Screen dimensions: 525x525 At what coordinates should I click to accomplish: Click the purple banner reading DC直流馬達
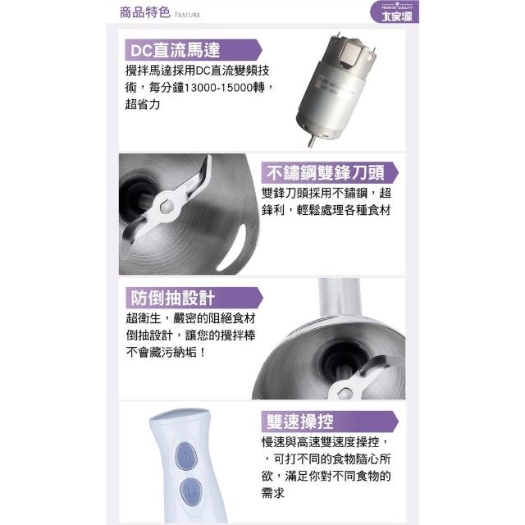click(194, 50)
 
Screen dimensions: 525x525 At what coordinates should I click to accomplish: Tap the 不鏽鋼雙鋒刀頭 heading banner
click(330, 172)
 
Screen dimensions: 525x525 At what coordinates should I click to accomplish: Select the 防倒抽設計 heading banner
click(194, 298)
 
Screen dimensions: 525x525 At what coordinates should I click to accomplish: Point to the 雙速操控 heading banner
click(330, 421)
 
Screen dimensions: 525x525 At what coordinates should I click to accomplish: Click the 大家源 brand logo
click(395, 11)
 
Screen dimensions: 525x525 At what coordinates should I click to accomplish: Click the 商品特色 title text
click(145, 12)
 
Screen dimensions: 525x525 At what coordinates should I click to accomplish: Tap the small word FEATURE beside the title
click(188, 15)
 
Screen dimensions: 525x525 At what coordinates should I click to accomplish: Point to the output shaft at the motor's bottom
click(312, 141)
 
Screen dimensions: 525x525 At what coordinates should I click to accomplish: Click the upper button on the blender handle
click(186, 456)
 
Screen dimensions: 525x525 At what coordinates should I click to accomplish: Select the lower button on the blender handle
click(191, 491)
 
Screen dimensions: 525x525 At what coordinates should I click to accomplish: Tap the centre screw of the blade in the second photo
click(166, 207)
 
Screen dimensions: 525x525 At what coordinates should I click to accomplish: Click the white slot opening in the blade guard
click(232, 248)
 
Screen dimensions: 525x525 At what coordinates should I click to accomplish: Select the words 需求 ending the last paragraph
click(272, 493)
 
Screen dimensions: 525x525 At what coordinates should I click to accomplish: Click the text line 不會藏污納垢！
click(166, 352)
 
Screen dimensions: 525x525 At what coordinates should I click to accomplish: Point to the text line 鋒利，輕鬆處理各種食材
click(326, 210)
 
